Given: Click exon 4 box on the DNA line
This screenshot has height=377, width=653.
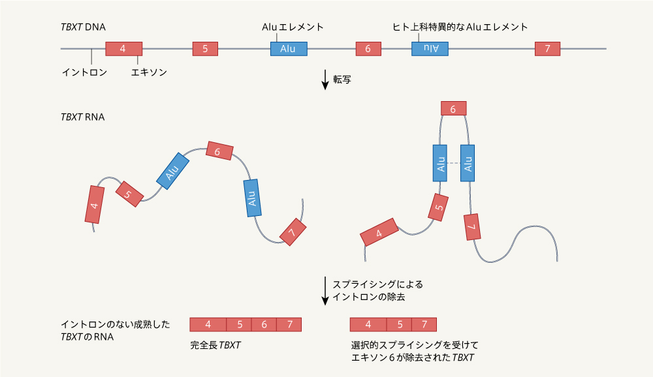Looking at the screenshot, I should point(123,49).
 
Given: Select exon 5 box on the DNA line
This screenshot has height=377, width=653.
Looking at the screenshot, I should point(205,49).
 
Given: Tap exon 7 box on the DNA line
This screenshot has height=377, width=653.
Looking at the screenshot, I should point(547,49).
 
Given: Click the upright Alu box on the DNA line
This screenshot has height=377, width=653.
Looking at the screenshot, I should point(289,49).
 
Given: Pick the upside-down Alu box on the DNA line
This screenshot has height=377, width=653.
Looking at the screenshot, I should point(430,49).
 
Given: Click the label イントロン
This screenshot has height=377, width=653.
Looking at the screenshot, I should point(84,72).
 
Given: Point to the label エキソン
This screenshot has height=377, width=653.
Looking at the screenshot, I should point(149,72).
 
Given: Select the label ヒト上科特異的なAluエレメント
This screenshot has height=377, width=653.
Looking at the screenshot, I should point(460,27).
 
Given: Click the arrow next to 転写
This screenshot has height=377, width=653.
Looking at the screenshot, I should point(325,80).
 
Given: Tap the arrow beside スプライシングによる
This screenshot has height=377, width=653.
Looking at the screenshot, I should point(325,290).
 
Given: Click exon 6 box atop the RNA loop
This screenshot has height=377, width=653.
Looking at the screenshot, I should point(453,109).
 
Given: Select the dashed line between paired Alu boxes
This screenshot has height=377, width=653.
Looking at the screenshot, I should point(454,162).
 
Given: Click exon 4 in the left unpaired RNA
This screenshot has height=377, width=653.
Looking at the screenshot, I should point(95,205).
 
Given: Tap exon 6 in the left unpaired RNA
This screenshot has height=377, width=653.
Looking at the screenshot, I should point(219,151).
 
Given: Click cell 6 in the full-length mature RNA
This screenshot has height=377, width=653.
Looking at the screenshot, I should point(264,324).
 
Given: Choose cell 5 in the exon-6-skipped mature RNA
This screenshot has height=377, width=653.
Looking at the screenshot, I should point(399,324).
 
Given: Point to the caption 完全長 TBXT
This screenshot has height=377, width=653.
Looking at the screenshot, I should point(215,344).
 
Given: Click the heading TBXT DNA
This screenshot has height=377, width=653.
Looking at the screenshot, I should point(83,27).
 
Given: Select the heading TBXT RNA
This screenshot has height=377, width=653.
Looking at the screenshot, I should point(82,117).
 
